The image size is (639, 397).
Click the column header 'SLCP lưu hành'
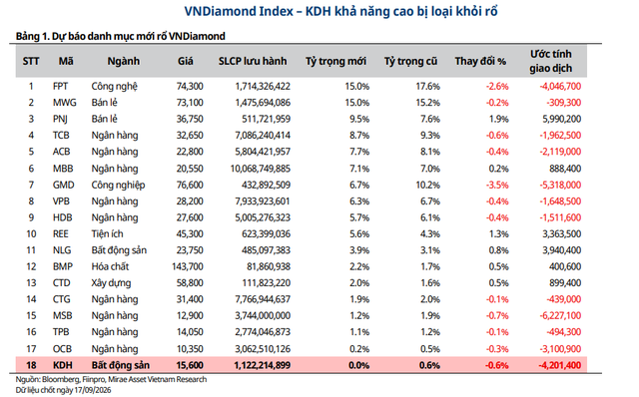tap(253, 62)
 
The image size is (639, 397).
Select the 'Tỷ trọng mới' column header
tap(335, 62)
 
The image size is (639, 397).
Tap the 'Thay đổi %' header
tap(480, 62)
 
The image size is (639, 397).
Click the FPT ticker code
tap(60, 87)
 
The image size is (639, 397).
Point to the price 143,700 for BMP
tap(188, 266)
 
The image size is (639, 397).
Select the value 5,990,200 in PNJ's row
tap(561, 119)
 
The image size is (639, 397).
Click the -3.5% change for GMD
tap(497, 185)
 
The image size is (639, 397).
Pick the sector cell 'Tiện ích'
tap(107, 233)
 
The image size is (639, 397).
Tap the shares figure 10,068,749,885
tap(261, 169)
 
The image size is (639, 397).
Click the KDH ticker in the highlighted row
tap(62, 365)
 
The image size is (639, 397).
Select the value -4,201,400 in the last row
tap(560, 365)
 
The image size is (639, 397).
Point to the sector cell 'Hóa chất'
tap(110, 266)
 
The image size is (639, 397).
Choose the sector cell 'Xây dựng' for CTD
tap(111, 283)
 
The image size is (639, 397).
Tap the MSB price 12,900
tap(190, 315)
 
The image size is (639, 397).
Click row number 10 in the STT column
tap(31, 233)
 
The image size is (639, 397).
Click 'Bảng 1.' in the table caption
tap(32, 36)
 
